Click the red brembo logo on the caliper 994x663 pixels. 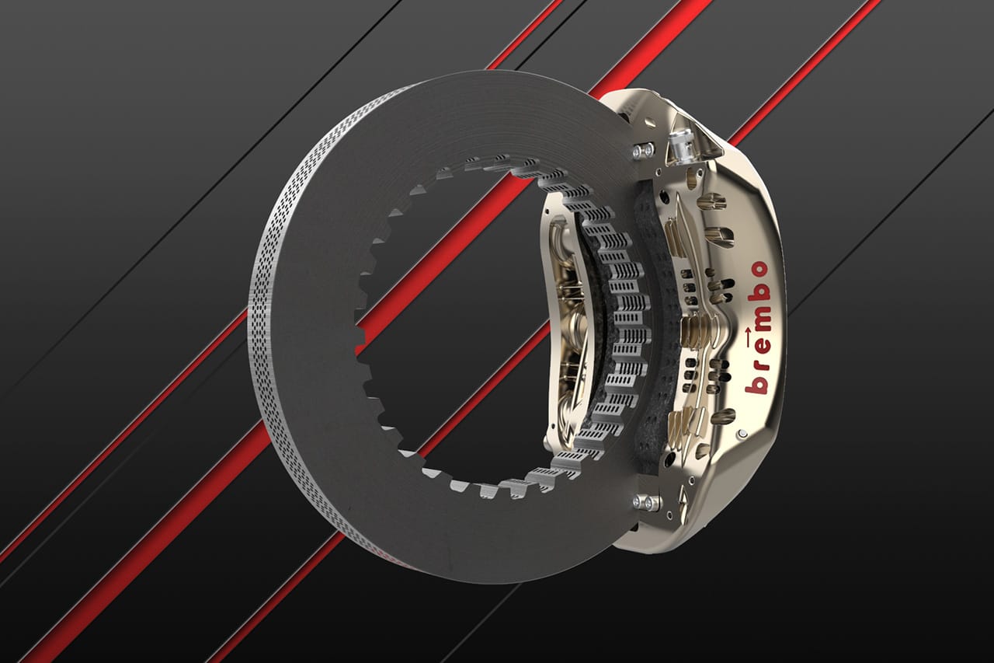click(757, 328)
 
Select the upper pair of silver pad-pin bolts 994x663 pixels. click(643, 150)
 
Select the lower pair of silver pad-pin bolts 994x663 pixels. click(645, 503)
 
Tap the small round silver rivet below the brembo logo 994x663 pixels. click(743, 433)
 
